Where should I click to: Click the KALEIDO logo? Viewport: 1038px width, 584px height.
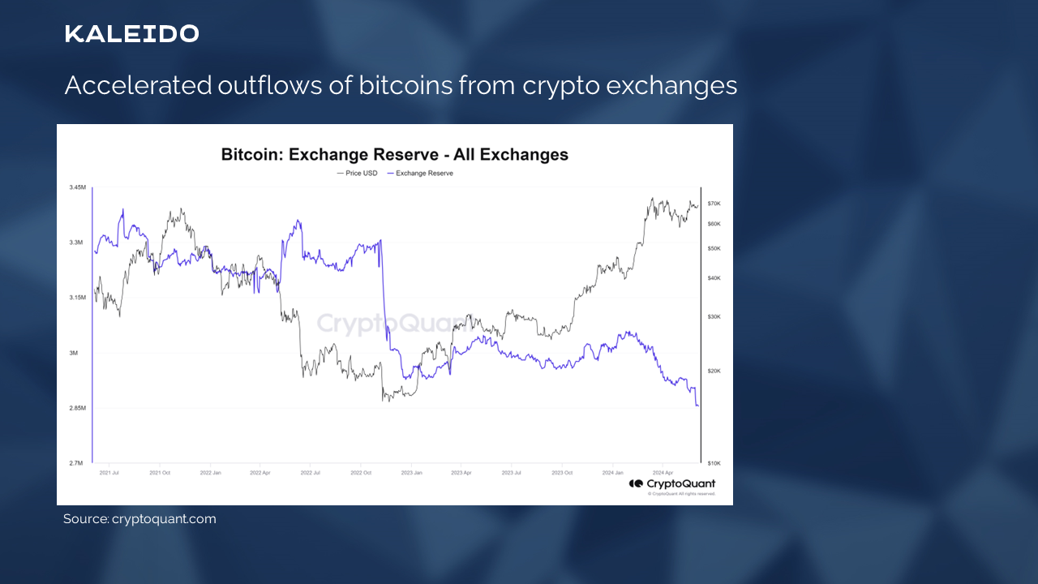(131, 34)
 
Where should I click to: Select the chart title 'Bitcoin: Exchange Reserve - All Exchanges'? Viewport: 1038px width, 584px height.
(395, 154)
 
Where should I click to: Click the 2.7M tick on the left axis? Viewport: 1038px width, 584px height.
(76, 463)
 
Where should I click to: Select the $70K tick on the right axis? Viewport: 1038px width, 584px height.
(714, 204)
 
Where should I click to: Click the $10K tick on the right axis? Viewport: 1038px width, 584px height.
(714, 463)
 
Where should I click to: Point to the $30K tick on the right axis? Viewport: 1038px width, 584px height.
(714, 317)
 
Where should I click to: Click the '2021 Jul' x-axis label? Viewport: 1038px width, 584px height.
(110, 471)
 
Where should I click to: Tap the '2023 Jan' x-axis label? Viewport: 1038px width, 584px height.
(412, 471)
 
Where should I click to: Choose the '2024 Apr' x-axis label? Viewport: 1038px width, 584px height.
(663, 471)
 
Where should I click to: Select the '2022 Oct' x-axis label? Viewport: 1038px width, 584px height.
(362, 471)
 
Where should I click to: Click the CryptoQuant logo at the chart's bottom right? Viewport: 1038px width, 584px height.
(672, 484)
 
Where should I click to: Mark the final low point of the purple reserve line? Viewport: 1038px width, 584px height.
(697, 406)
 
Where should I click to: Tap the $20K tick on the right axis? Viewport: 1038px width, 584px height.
(714, 371)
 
